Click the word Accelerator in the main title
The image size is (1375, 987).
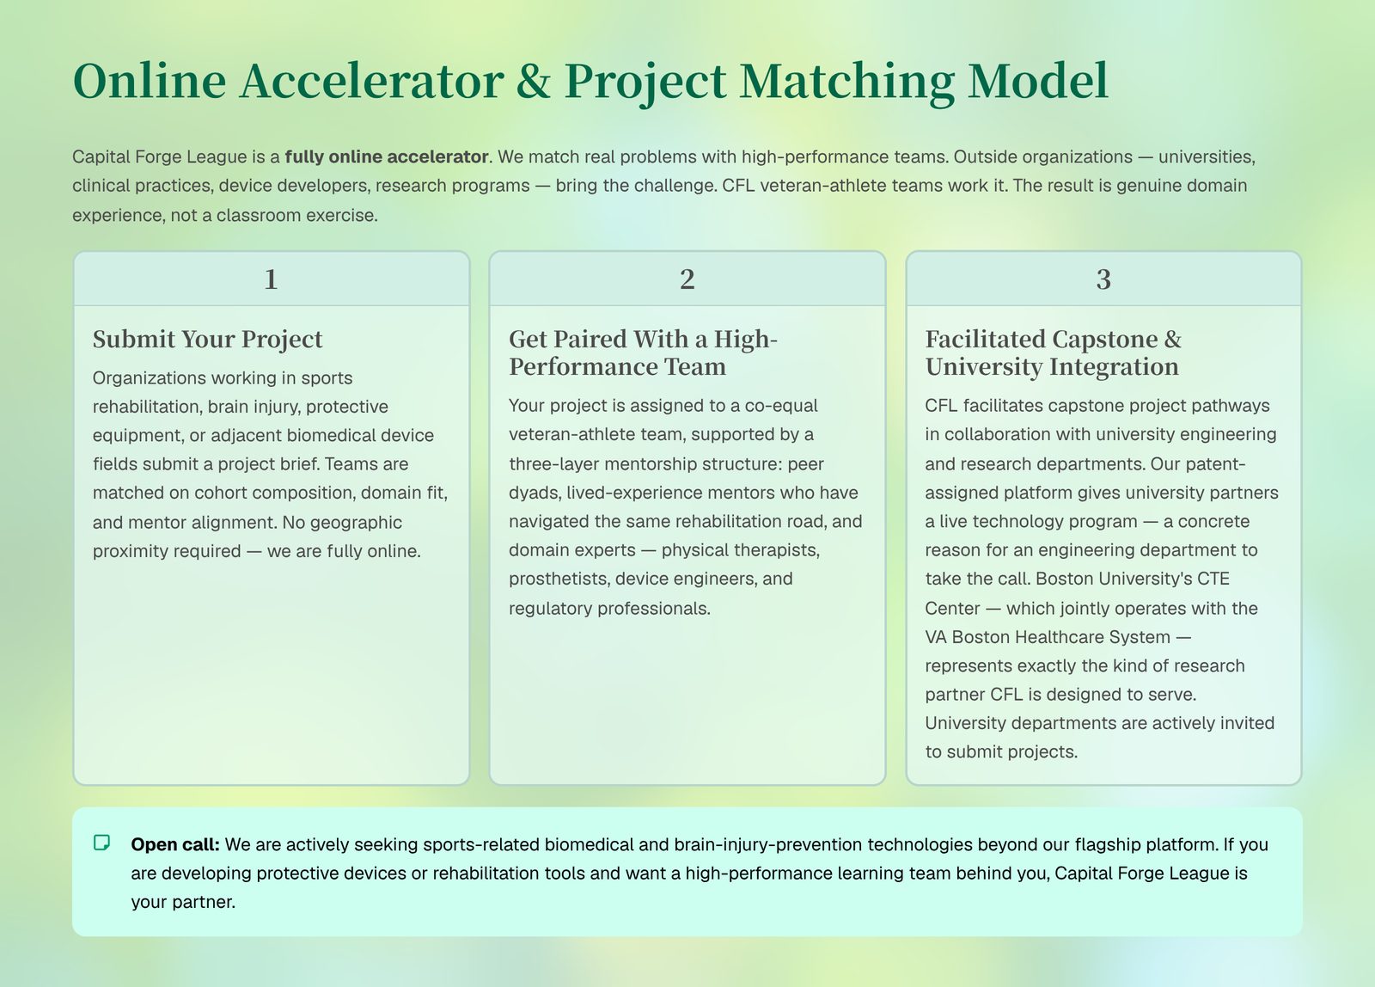372,81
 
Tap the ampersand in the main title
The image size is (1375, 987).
534,81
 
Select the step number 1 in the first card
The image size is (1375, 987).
271,279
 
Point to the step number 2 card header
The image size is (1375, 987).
687,279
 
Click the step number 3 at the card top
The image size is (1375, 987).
1103,279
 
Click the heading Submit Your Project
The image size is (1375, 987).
207,339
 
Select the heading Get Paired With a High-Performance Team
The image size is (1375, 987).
643,352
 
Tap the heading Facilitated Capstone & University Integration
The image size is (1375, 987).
1053,352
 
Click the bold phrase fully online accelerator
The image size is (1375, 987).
387,156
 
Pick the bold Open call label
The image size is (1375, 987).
175,844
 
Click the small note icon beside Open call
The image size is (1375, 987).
102,843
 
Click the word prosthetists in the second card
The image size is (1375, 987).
559,579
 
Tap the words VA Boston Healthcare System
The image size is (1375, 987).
1048,637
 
